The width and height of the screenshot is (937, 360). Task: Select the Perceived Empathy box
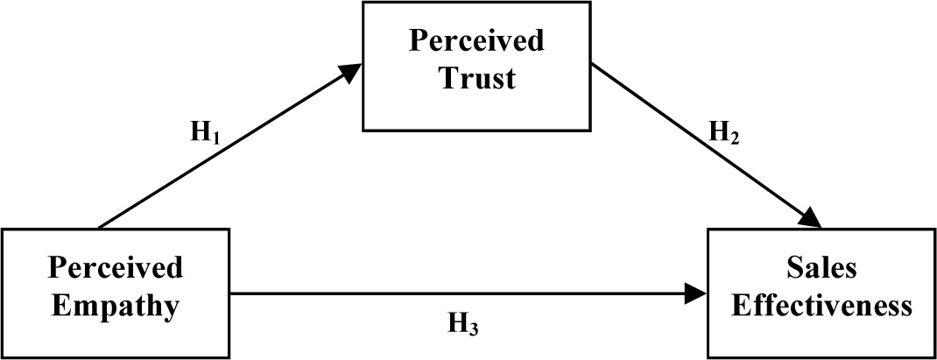(x=116, y=292)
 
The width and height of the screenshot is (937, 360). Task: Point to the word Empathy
(x=116, y=307)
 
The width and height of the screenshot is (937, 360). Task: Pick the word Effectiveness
(x=821, y=307)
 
